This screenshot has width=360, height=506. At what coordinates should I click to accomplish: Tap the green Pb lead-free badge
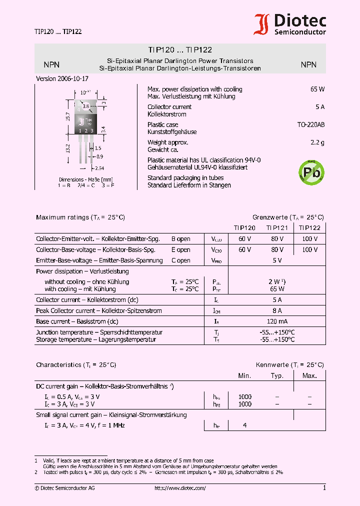tap(311, 172)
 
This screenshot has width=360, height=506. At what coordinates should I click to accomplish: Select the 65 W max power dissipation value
tap(317, 89)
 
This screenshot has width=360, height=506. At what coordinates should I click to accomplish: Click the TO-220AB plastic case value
tap(310, 125)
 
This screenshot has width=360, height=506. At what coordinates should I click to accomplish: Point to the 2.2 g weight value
tap(317, 142)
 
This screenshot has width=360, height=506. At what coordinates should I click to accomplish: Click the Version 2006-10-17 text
tap(62, 79)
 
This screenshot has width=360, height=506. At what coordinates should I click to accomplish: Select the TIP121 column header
tap(277, 227)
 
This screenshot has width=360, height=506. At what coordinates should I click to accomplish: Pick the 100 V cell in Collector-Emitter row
tap(309, 239)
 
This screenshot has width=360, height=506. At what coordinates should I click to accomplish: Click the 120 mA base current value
tap(277, 321)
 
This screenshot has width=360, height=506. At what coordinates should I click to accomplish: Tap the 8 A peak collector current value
tap(277, 311)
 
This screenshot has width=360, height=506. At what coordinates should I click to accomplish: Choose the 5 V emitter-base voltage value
tap(277, 260)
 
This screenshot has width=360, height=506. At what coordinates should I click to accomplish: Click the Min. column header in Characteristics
tap(244, 375)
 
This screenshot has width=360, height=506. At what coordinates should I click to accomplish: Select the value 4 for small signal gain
tap(244, 425)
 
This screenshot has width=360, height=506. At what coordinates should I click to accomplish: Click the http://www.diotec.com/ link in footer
tap(180, 488)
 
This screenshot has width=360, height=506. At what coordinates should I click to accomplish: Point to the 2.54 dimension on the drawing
tap(99, 168)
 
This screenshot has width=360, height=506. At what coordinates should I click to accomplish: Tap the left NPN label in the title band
tap(51, 64)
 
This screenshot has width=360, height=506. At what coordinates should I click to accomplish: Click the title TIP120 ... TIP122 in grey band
tap(180, 50)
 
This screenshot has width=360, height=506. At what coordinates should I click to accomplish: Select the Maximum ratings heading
tap(80, 217)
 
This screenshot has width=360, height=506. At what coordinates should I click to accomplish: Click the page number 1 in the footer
tap(324, 488)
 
